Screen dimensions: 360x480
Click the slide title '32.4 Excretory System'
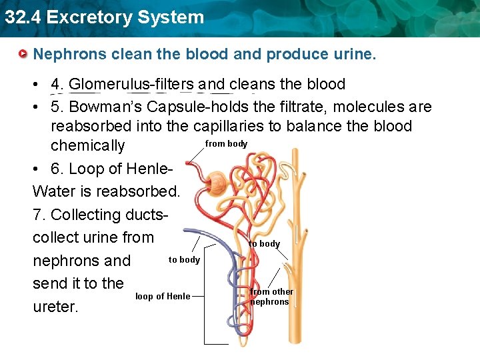[x=104, y=17]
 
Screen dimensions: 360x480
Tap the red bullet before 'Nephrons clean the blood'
[x=23, y=53]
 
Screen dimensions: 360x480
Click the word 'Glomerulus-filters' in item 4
[x=131, y=85]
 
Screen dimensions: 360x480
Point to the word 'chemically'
[x=87, y=145]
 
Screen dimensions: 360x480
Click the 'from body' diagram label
[x=226, y=144]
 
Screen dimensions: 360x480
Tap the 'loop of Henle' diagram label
[x=163, y=297]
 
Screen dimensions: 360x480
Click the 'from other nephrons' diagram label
[x=271, y=297]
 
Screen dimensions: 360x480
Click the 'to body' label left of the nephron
[x=184, y=260]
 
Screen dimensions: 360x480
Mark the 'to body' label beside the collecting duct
[x=265, y=244]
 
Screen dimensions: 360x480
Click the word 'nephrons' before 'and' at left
[x=67, y=261]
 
